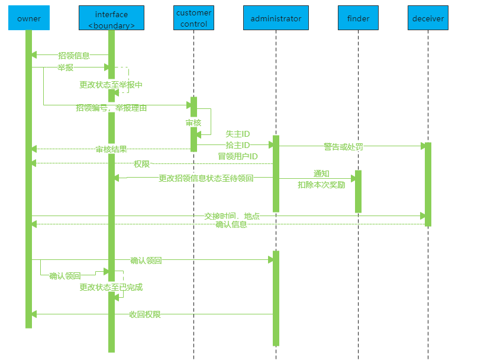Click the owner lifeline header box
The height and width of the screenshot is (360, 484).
(x=28, y=18)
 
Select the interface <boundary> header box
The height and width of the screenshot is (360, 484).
(x=111, y=18)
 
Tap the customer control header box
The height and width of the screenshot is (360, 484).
(x=193, y=18)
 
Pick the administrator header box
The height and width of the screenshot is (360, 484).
(x=276, y=18)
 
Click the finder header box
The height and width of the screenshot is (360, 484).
(x=358, y=18)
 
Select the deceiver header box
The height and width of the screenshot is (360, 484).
(x=428, y=18)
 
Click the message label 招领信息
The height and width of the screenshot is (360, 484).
(x=74, y=56)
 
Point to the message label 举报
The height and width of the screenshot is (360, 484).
(x=65, y=67)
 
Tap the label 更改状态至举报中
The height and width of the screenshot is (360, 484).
(x=111, y=85)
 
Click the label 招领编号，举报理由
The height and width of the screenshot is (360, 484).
(x=111, y=108)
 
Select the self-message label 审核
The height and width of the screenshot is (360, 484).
(x=193, y=123)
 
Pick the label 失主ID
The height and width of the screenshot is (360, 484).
(x=238, y=134)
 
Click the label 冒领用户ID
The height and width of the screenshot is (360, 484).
(x=238, y=156)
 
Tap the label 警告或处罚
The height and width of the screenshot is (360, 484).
(x=343, y=146)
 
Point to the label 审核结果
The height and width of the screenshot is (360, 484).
(x=111, y=149)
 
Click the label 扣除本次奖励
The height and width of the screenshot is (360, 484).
(x=321, y=185)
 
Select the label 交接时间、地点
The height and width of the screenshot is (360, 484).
(x=232, y=216)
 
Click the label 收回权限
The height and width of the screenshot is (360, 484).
(x=145, y=314)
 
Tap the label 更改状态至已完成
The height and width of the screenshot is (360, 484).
(x=111, y=288)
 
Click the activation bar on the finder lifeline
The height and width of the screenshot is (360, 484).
(x=358, y=191)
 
